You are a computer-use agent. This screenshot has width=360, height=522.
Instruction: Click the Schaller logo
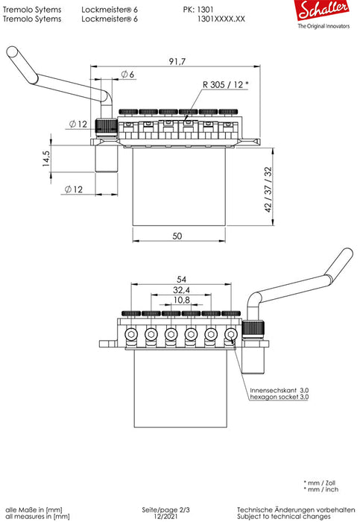[323, 10]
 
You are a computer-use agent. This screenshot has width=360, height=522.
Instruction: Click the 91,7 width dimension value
[177, 62]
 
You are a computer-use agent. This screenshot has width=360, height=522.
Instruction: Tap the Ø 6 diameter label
[127, 75]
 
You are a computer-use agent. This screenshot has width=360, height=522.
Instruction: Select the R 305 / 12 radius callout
[226, 84]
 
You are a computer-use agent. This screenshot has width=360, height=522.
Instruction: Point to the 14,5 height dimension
[46, 159]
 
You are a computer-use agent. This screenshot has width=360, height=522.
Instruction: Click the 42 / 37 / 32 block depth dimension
[268, 189]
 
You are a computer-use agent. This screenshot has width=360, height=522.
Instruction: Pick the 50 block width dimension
[177, 236]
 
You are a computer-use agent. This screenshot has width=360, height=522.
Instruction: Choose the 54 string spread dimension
[181, 280]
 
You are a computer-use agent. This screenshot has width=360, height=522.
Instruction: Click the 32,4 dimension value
[181, 289]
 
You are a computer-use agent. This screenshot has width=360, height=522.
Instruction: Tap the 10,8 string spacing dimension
[181, 300]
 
